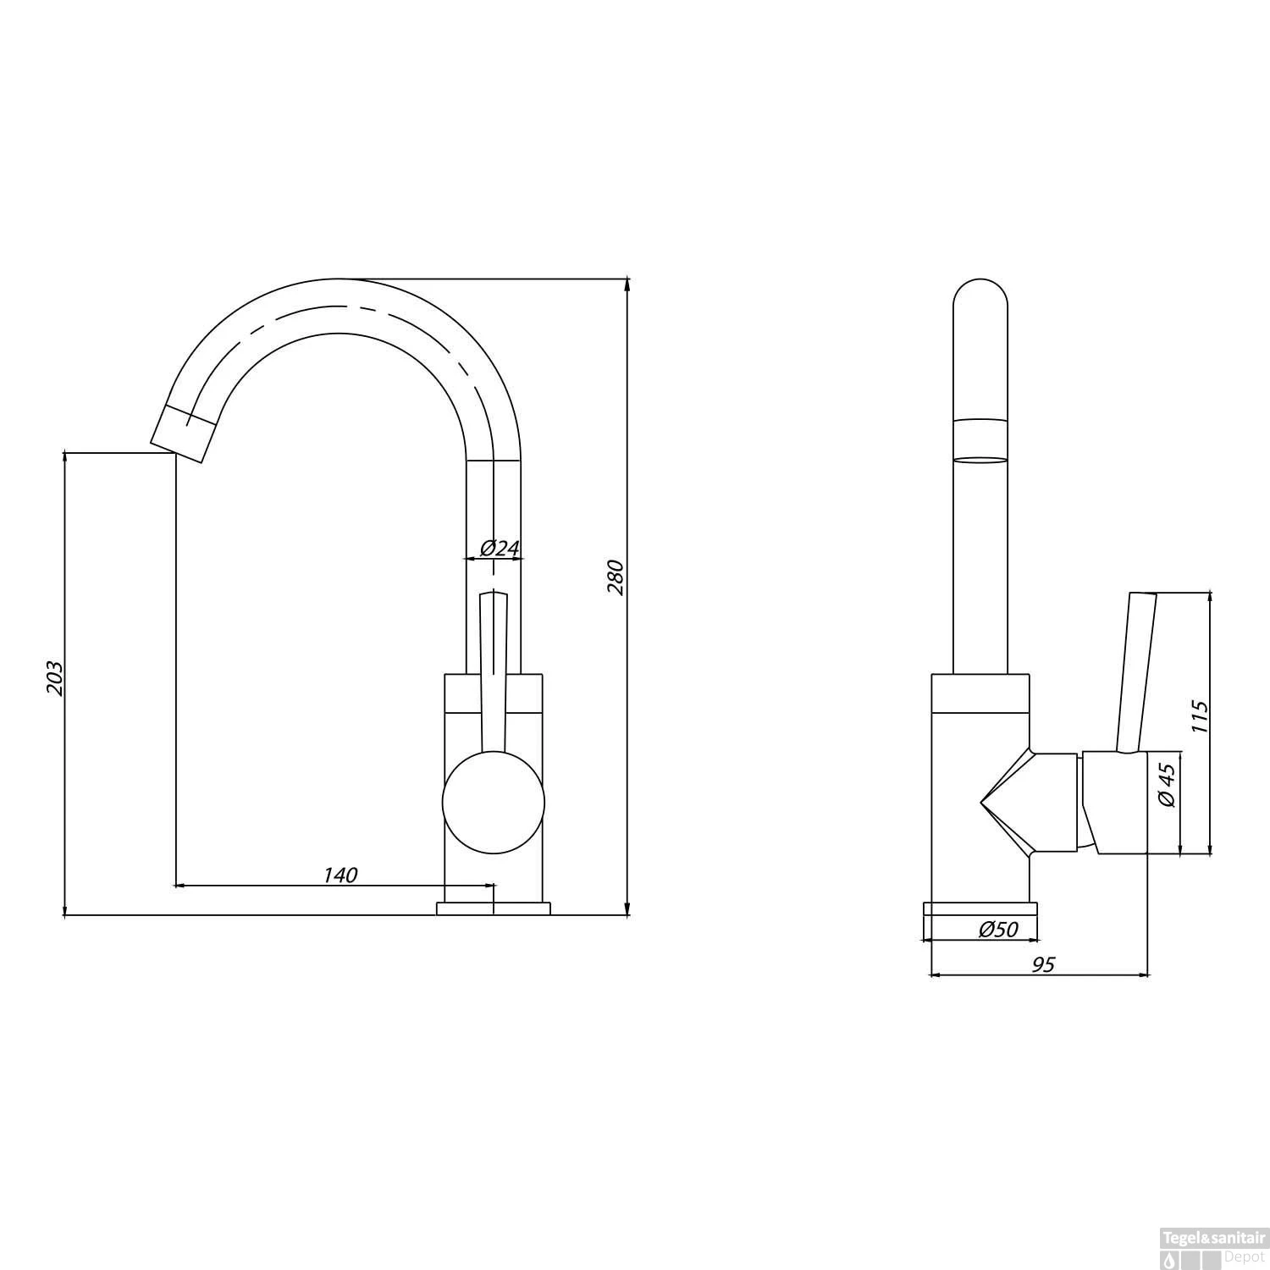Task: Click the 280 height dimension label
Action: (x=616, y=577)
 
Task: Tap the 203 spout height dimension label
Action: (x=54, y=677)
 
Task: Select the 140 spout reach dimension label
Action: (x=340, y=875)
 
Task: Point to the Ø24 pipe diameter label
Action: (x=500, y=548)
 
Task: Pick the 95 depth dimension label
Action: (x=1044, y=964)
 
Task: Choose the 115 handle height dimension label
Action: (x=1199, y=716)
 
